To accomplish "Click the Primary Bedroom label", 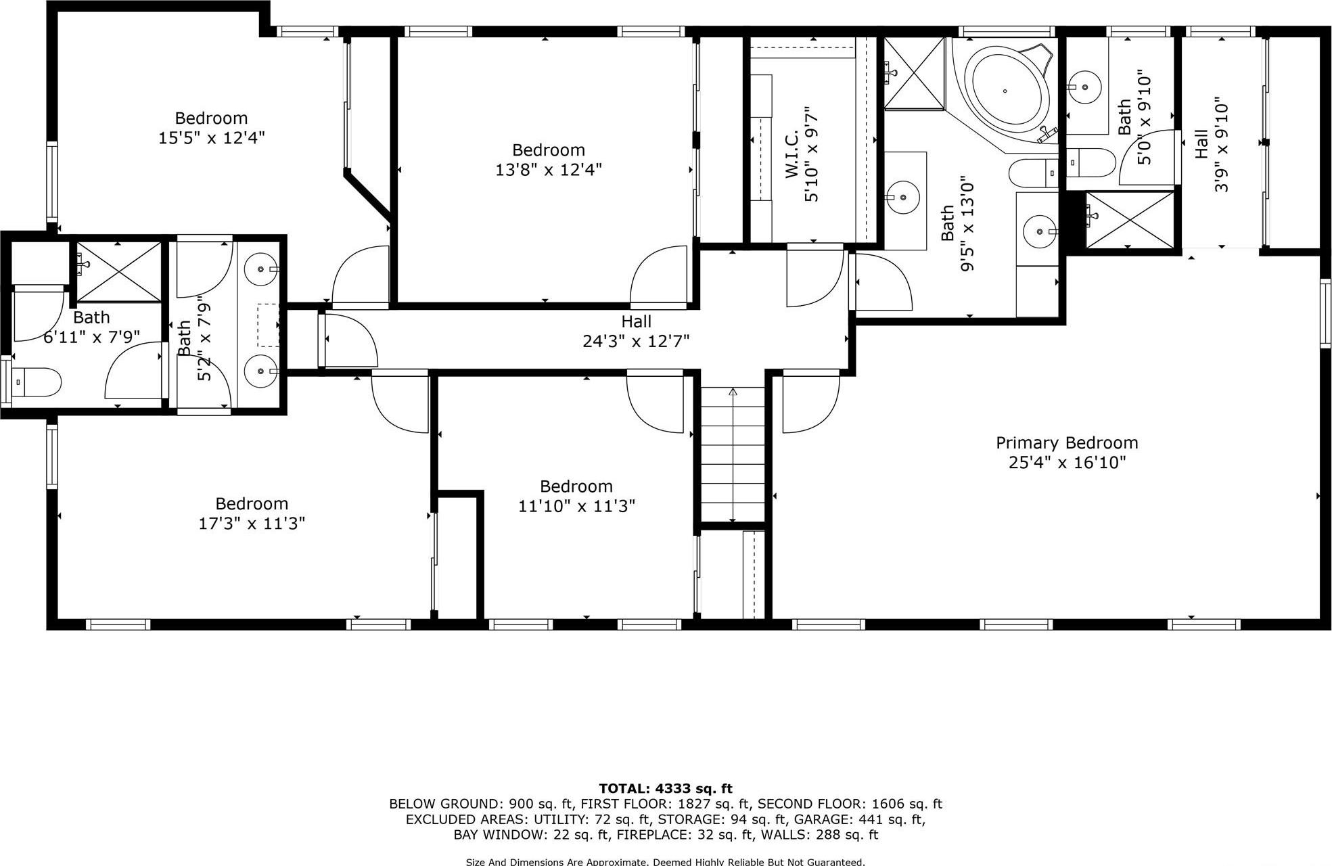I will tap(1067, 443).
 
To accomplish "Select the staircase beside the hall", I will tap(733, 454).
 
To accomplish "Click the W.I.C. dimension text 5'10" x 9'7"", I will tap(811, 154).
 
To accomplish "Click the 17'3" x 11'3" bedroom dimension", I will tap(252, 523).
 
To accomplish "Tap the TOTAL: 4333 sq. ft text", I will tap(665, 788).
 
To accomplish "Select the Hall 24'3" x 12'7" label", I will tap(636, 332).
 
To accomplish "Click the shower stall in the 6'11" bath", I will tap(119, 271).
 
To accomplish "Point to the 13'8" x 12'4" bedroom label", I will tap(548, 160).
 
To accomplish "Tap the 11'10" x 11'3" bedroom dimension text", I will tap(576, 506).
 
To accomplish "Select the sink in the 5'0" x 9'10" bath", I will tap(1084, 87).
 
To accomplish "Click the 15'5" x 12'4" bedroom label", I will tap(211, 128).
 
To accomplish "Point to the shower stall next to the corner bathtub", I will tap(914, 73).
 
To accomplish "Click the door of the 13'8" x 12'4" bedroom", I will tap(658, 277).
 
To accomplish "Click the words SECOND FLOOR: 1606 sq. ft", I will tap(849, 804).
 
